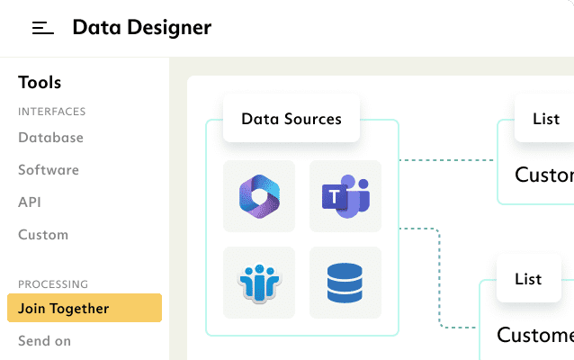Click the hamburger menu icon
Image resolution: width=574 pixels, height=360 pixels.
click(43, 28)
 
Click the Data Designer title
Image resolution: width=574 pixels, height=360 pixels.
click(141, 28)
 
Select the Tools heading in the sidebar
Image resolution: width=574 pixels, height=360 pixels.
click(40, 83)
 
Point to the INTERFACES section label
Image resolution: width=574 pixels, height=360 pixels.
click(51, 112)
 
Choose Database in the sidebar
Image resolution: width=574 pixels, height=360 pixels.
click(50, 138)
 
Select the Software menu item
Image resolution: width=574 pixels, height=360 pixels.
click(49, 170)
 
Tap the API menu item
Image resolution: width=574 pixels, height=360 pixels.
click(30, 202)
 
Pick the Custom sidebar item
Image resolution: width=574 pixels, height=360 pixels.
click(43, 235)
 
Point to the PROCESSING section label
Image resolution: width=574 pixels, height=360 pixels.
click(53, 284)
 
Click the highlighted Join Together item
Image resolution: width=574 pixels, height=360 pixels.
click(85, 309)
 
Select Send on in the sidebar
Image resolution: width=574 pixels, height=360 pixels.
click(44, 341)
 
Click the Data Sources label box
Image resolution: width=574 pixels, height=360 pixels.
click(291, 119)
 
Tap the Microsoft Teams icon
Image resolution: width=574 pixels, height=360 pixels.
click(345, 196)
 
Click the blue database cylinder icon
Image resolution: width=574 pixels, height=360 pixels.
click(345, 282)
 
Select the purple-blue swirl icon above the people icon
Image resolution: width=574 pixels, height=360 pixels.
click(259, 196)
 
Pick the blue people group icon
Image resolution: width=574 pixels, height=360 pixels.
click(259, 282)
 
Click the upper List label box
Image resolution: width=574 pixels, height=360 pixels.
click(545, 119)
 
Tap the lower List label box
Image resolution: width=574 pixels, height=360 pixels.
click(528, 279)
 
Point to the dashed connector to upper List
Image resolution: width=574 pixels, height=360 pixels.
click(447, 161)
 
